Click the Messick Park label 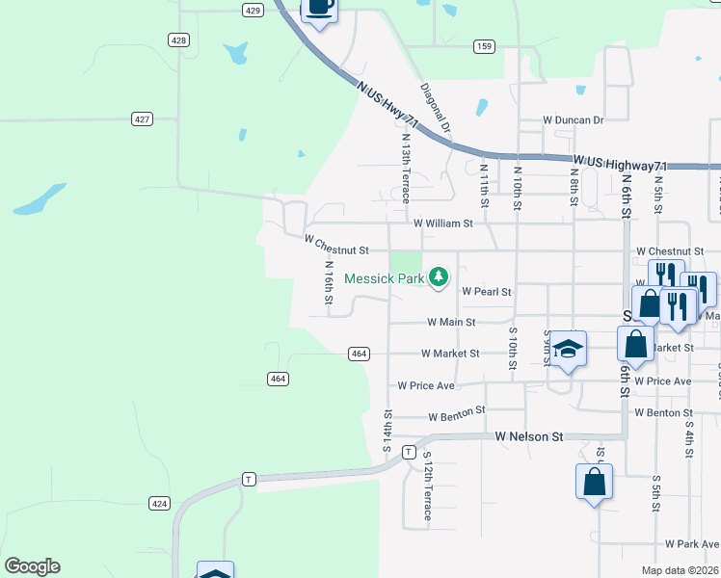point(386,278)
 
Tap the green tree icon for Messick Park point(439,277)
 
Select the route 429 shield point(253,10)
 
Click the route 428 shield point(177,39)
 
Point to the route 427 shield point(143,118)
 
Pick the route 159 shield point(484,46)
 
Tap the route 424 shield point(160,503)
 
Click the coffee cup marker point(320,9)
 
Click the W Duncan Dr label point(573,120)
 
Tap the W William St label point(442,223)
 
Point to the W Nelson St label point(529,436)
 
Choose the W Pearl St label point(486,291)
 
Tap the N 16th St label point(329,285)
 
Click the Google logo point(32,566)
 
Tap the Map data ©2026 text point(680,570)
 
